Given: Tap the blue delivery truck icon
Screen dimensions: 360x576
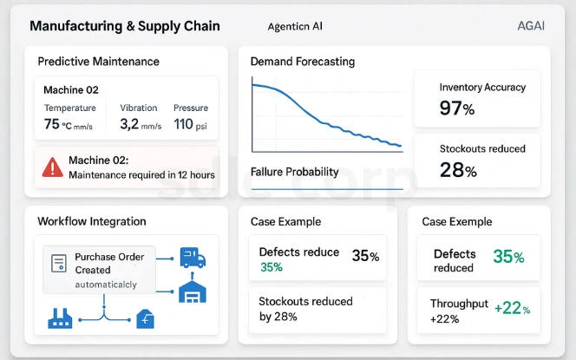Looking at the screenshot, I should click(x=193, y=258).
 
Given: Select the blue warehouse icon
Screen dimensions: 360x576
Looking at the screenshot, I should click(x=192, y=291).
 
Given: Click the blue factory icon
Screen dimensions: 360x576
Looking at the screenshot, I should click(x=59, y=320).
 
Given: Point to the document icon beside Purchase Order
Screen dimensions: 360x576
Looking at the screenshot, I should click(x=59, y=263).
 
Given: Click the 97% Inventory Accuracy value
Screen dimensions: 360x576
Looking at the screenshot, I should click(x=456, y=108).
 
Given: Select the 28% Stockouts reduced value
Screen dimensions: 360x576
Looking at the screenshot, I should click(x=458, y=170).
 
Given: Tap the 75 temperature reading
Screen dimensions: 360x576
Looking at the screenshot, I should click(x=52, y=124).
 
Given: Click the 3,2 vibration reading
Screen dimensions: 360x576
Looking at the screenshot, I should click(x=129, y=124).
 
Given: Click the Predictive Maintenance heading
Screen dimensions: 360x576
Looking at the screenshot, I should click(x=98, y=62).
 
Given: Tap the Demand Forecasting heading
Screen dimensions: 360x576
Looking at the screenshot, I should click(x=302, y=62).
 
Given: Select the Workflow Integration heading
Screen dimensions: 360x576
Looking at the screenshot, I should click(x=91, y=221).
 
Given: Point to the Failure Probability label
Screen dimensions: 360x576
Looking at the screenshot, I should click(x=294, y=172).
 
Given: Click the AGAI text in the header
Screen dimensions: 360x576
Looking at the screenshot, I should click(x=530, y=26).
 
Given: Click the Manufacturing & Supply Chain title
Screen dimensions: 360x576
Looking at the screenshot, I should click(x=125, y=26).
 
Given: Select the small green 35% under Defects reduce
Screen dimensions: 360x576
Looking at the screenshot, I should click(x=272, y=267).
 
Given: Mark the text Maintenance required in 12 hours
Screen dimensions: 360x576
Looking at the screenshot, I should click(x=141, y=174).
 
